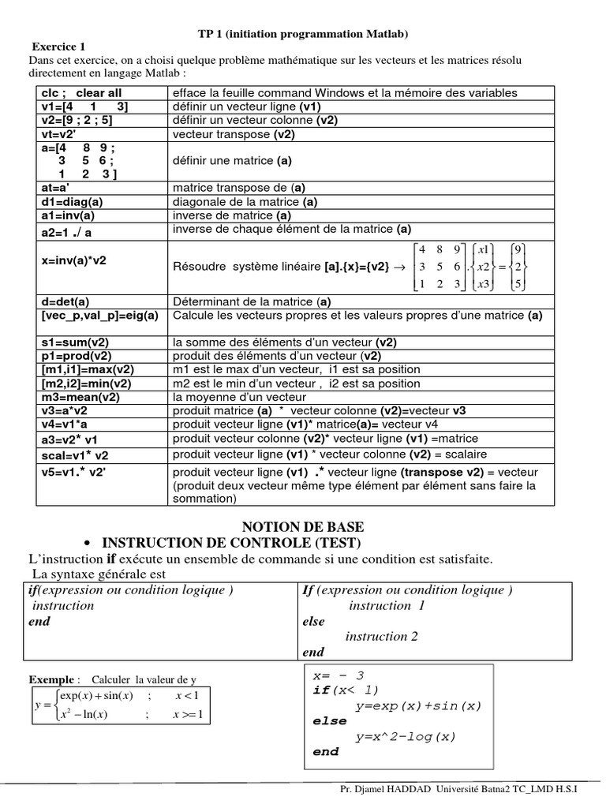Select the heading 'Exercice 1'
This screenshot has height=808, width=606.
(58, 47)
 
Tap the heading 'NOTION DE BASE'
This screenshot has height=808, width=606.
(302, 526)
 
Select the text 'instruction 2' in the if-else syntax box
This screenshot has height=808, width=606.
(382, 637)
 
